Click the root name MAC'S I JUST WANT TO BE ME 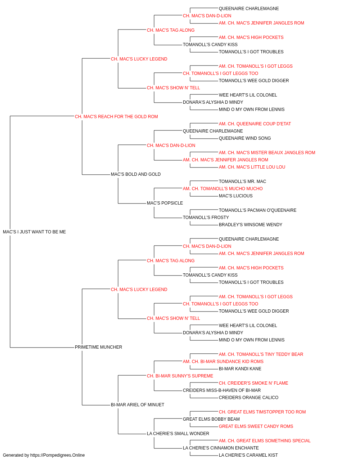[x=34, y=232]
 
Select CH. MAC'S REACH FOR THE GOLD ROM [x=116, y=117]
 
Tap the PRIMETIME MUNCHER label [x=98, y=347]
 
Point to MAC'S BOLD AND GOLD [x=136, y=174]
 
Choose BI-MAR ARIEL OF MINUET [x=138, y=405]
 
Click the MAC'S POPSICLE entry [x=165, y=203]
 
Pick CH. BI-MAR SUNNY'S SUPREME [x=180, y=376]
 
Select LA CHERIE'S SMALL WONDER [x=178, y=434]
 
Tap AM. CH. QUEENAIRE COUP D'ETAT [x=255, y=124]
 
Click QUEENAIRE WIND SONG [x=245, y=138]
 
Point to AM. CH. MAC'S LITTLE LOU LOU [x=252, y=167]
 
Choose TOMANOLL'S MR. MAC [x=242, y=182]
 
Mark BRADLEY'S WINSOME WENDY [x=251, y=225]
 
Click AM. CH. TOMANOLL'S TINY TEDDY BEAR [x=261, y=354]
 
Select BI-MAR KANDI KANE [x=240, y=369]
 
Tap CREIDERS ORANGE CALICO [x=248, y=398]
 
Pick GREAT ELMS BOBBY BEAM [x=211, y=419]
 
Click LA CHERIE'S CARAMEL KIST [x=248, y=455]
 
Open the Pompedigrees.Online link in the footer [x=57, y=455]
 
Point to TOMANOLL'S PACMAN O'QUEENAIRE [x=258, y=210]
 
